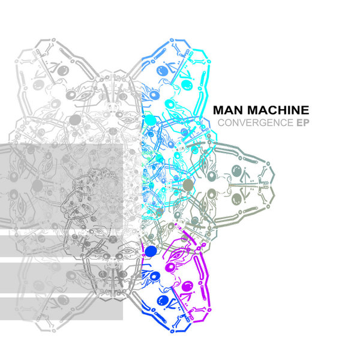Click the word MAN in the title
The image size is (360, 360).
pos(228,110)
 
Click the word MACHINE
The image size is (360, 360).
pos(278,110)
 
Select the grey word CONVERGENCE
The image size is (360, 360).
pos(256,122)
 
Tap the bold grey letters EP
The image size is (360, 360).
pos(303,122)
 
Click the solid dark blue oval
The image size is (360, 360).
pos(151,251)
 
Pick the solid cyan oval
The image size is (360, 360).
pos(151,120)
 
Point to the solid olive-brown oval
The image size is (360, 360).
pos(188,184)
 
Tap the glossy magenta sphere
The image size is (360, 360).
pos(187,286)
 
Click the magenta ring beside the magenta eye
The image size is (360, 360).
pos(171,268)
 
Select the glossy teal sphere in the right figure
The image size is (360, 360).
pos(236,171)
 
